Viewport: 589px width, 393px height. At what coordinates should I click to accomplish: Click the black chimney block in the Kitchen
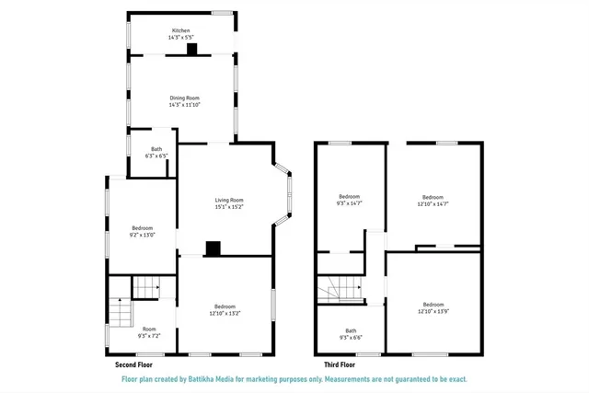pyautogui.click(x=191, y=50)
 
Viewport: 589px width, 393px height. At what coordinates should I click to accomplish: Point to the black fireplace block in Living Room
pyautogui.click(x=214, y=248)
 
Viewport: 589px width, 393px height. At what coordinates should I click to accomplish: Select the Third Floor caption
pyautogui.click(x=339, y=365)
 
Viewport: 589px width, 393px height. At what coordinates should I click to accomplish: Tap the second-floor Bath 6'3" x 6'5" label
pyautogui.click(x=156, y=153)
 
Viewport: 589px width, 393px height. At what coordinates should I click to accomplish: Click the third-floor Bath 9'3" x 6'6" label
pyautogui.click(x=351, y=334)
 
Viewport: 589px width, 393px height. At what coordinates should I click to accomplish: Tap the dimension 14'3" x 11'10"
pyautogui.click(x=184, y=105)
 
